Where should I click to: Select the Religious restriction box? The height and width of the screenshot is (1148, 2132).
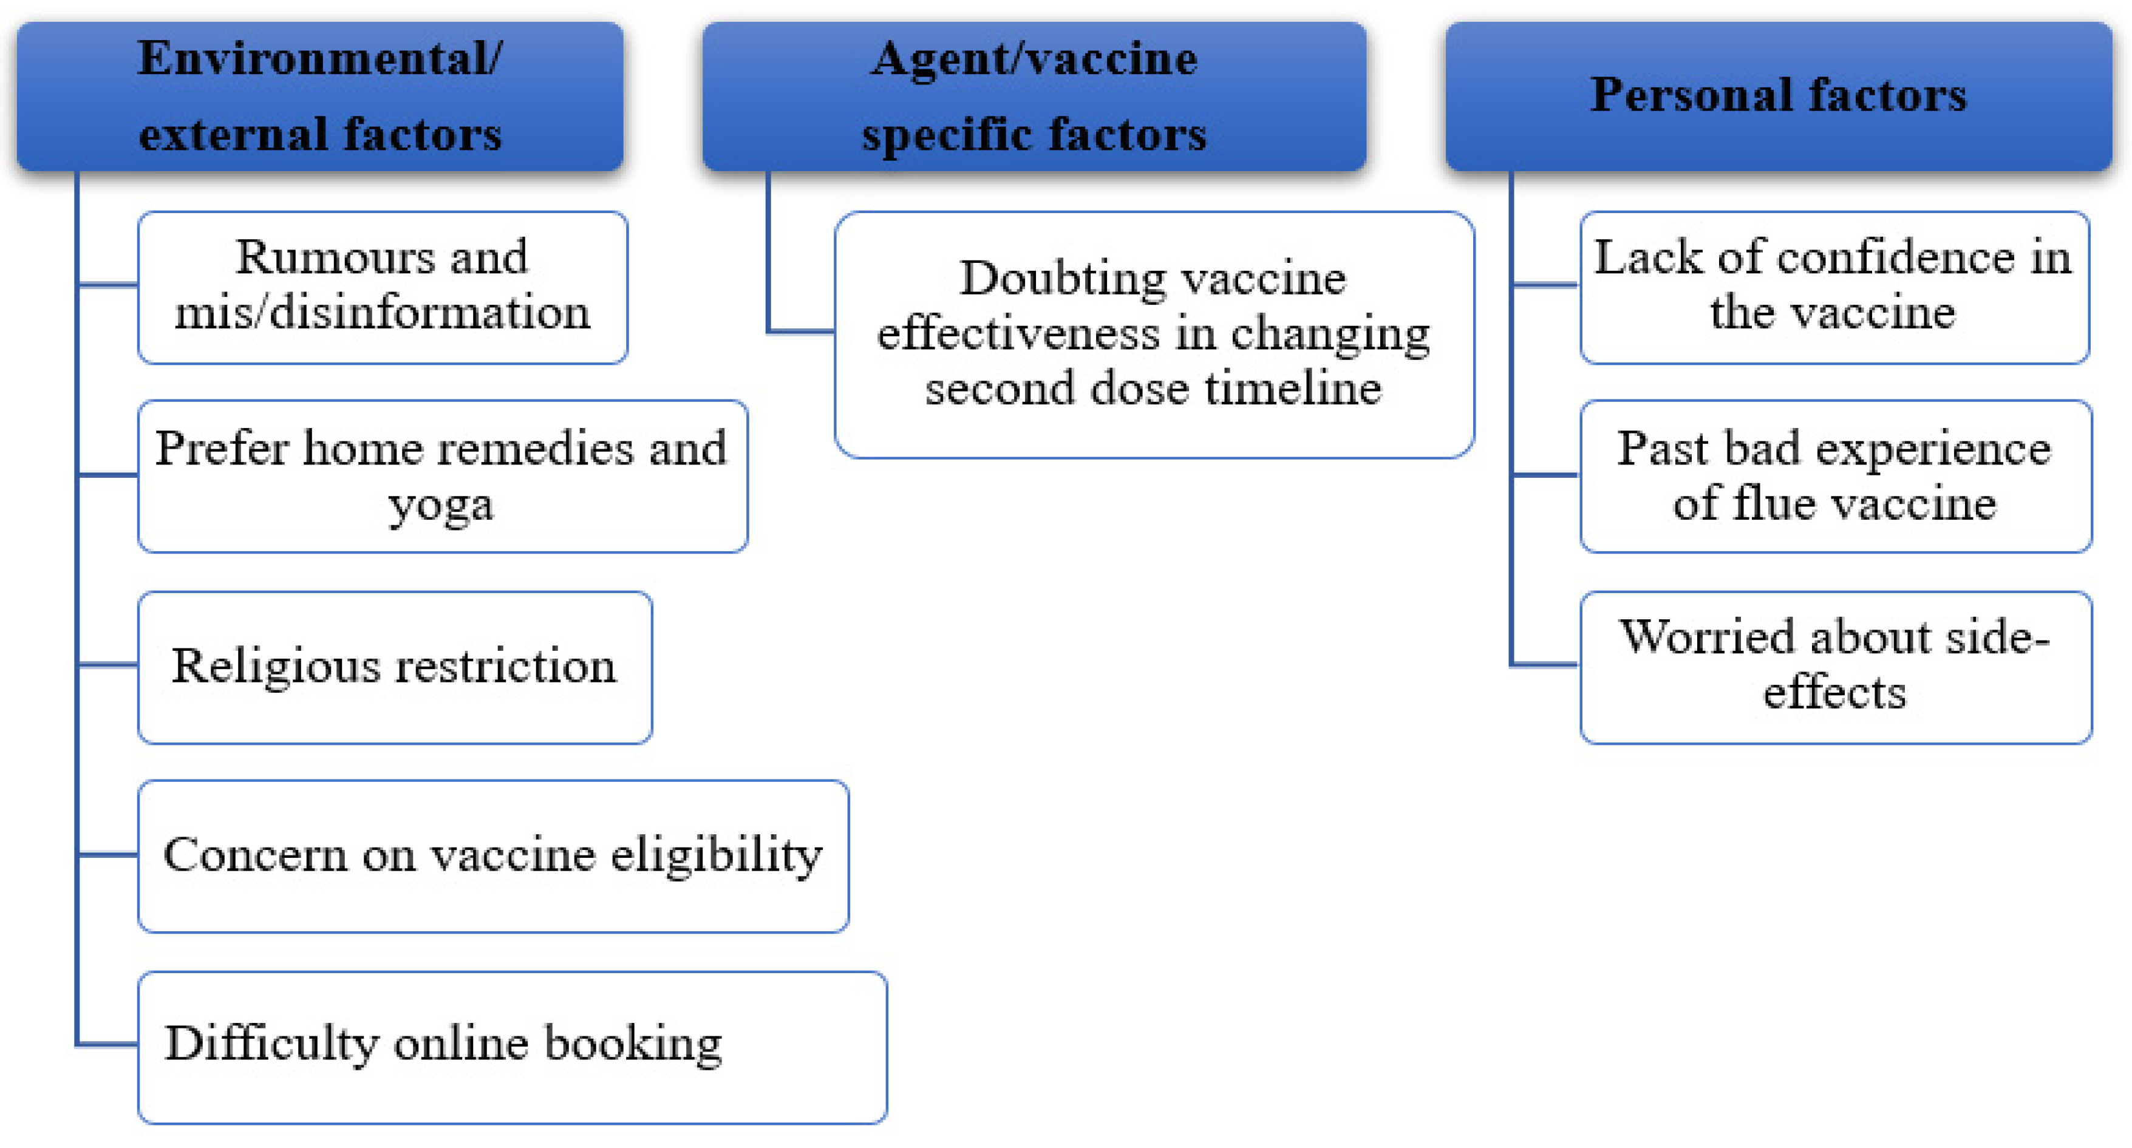pyautogui.click(x=394, y=667)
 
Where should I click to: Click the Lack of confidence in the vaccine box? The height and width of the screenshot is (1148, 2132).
pyautogui.click(x=1833, y=287)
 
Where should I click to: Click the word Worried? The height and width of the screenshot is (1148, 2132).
pyautogui.click(x=1708, y=638)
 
